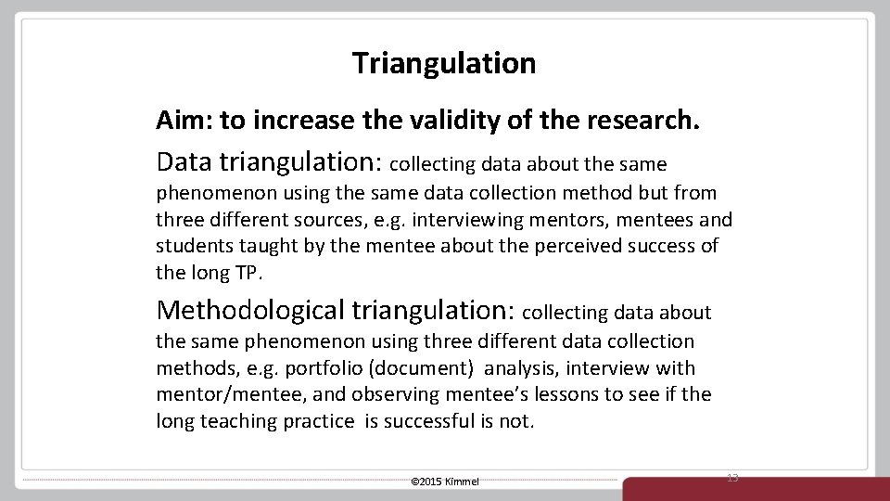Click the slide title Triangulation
[x=444, y=63]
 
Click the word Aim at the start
[x=176, y=121]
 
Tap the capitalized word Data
[x=184, y=161]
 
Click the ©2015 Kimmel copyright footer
[x=444, y=482]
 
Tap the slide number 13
[x=732, y=476]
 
